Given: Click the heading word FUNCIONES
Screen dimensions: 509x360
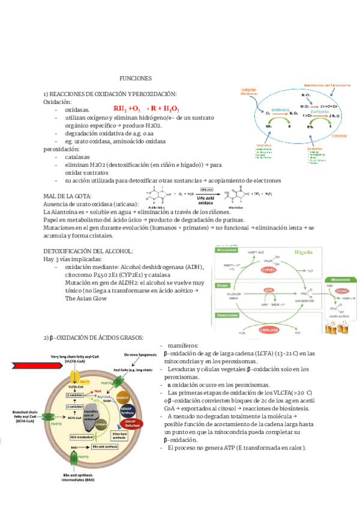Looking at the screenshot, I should (x=136, y=79).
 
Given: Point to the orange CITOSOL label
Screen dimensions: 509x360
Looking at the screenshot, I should (x=340, y=136).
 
